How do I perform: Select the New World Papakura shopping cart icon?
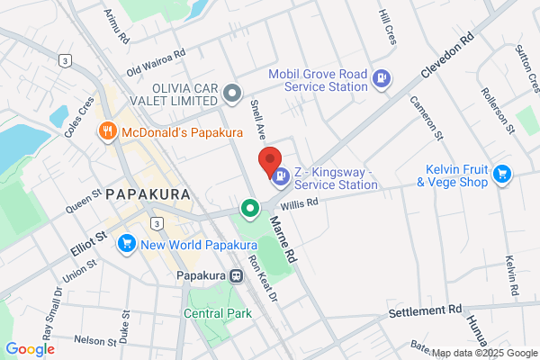click(x=126, y=242)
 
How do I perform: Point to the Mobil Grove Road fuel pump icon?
click(x=382, y=78)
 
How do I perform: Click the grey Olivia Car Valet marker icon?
click(x=232, y=92)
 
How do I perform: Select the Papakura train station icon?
click(x=237, y=276)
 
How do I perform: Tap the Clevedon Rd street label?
click(x=445, y=59)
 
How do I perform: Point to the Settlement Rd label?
click(x=424, y=311)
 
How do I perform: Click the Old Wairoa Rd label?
click(x=156, y=60)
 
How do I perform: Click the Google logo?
click(x=30, y=348)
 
